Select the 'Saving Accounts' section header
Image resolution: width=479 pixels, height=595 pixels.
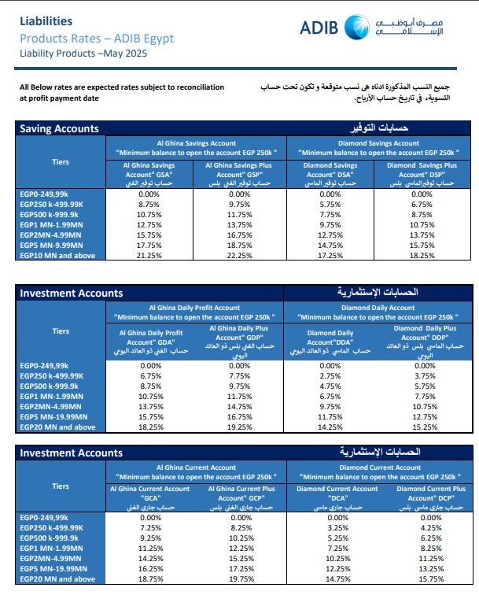click(x=59, y=128)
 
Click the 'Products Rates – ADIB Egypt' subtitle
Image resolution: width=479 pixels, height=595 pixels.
click(x=96, y=39)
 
